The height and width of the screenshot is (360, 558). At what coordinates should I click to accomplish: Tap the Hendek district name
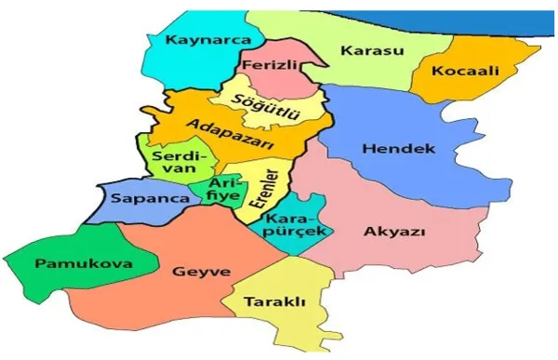pos(397,149)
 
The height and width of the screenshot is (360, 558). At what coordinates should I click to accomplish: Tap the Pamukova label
pos(70,264)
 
